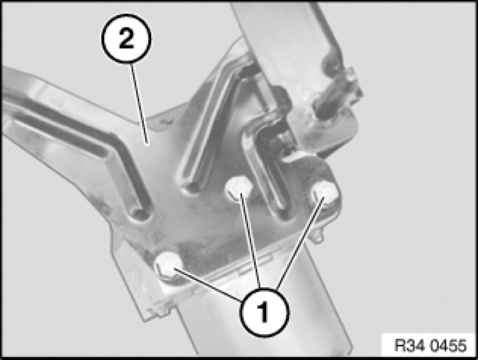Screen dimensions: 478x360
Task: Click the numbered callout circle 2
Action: click(x=126, y=39)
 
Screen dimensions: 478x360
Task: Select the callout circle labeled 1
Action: click(x=264, y=312)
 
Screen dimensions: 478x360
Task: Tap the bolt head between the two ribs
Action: click(x=239, y=189)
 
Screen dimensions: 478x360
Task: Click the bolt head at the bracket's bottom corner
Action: click(x=169, y=265)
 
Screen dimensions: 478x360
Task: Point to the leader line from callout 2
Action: click(x=140, y=103)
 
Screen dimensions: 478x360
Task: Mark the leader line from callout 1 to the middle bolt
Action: click(x=250, y=240)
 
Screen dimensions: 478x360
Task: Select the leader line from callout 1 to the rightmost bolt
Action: click(x=300, y=243)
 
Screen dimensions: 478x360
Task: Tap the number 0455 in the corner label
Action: click(x=449, y=345)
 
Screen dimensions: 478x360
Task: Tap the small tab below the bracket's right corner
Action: click(x=318, y=235)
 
